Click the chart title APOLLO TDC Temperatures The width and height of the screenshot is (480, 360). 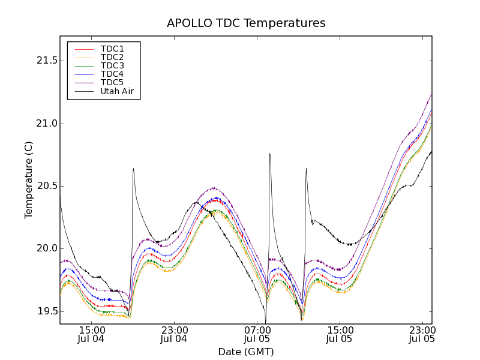246,23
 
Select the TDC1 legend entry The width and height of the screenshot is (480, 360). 112,49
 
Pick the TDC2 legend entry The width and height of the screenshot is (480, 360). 112,57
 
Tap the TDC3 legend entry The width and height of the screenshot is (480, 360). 112,65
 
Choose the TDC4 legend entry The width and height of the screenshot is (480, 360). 112,74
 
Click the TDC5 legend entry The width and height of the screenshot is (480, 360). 112,83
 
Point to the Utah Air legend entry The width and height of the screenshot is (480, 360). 116,92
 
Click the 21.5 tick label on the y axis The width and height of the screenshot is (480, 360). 46,61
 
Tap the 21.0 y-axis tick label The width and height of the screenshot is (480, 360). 46,124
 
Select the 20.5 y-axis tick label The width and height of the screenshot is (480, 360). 46,186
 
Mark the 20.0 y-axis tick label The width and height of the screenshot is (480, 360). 46,248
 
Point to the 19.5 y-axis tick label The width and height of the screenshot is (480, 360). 46,311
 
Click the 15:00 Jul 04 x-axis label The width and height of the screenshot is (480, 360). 91,334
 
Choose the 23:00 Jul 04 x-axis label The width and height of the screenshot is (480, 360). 174,334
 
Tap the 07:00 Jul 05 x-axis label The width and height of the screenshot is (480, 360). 257,334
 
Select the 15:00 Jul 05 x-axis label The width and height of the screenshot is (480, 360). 340,334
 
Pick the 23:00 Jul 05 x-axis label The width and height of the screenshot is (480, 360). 422,334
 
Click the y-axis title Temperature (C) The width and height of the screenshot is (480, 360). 29,180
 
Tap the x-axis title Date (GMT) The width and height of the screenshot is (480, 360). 246,352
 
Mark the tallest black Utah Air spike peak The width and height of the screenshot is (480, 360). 269,154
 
